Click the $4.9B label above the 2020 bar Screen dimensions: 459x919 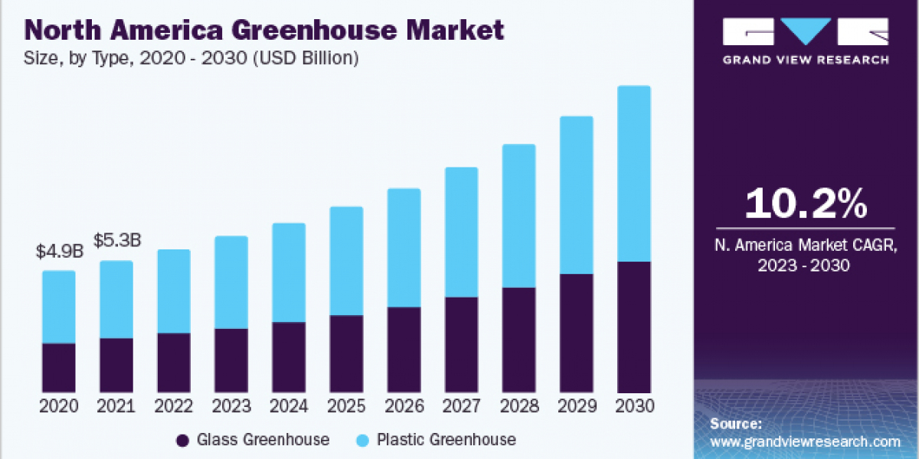[x=58, y=252]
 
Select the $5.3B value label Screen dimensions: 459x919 [x=116, y=241]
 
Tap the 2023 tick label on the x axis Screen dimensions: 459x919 [x=231, y=406]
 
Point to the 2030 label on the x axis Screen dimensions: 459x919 [x=633, y=406]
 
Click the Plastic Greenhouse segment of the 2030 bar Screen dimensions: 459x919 [x=633, y=174]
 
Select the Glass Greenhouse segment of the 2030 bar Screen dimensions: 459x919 [x=633, y=327]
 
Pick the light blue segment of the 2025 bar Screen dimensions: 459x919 [x=346, y=261]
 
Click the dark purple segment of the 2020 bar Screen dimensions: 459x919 [x=59, y=368]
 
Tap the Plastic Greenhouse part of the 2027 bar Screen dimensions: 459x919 [x=461, y=232]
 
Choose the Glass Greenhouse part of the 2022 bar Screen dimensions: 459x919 [x=174, y=363]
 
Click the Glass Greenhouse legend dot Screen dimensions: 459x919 [x=182, y=440]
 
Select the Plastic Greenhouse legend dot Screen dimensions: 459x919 [x=362, y=440]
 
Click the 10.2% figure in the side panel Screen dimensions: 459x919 [x=806, y=204]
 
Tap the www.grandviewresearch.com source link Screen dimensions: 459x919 [x=805, y=441]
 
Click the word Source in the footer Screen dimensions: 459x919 [x=735, y=424]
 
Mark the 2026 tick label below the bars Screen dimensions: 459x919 [x=404, y=406]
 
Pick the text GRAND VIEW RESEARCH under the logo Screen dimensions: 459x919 [x=806, y=60]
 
